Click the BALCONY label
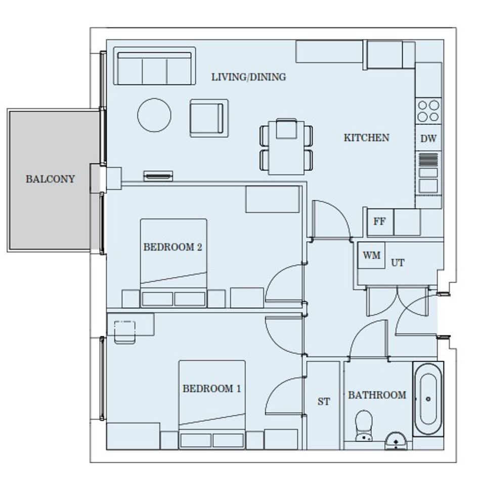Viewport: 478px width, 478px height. (x=50, y=179)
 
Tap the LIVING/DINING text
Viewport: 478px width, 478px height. (x=249, y=77)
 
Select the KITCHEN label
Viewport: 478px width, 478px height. (x=366, y=138)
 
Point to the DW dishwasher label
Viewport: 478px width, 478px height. (x=428, y=139)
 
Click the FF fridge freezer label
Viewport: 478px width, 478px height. (x=379, y=222)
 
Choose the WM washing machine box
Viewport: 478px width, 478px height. (x=371, y=255)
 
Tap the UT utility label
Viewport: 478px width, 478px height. (x=398, y=263)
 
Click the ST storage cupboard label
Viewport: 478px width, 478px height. (x=323, y=402)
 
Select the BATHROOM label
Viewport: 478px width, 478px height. (x=377, y=395)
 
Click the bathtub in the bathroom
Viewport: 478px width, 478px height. (x=428, y=399)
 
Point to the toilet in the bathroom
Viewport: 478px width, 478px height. (x=364, y=426)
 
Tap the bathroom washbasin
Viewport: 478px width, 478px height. (x=396, y=441)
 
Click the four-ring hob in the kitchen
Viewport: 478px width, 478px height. (x=428, y=111)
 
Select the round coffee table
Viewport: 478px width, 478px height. (x=154, y=115)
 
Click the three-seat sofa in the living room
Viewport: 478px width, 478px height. (x=155, y=66)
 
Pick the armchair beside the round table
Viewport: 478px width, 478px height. (x=209, y=118)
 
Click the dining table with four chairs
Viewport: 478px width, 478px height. (x=286, y=146)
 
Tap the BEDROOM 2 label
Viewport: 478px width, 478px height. (x=173, y=247)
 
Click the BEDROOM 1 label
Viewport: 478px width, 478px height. (x=211, y=388)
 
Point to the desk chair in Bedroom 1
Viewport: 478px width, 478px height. (x=124, y=332)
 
